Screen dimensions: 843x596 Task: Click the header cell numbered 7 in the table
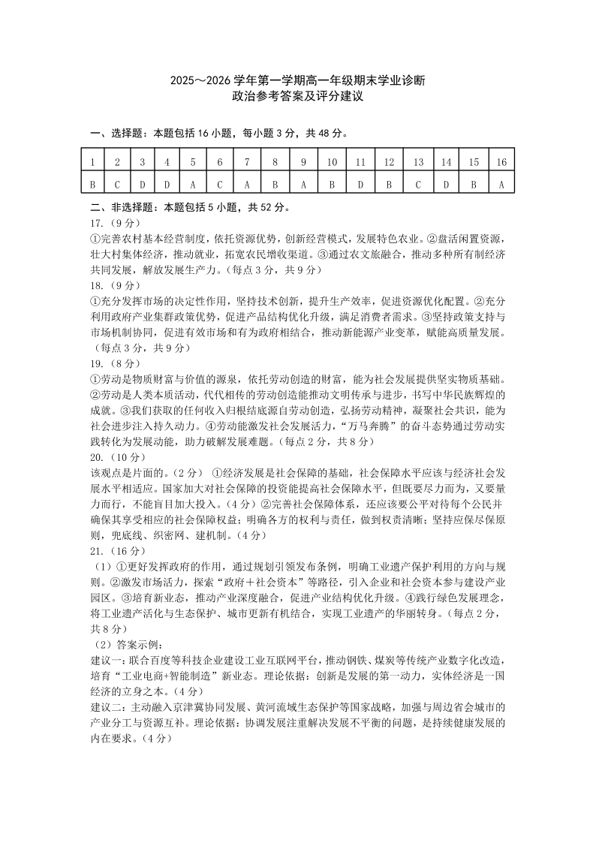[246, 162]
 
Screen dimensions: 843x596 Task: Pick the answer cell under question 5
[193, 182]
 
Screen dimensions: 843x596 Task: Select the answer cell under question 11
[360, 182]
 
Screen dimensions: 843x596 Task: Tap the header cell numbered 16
[501, 162]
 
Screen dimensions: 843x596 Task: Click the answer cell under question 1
[92, 182]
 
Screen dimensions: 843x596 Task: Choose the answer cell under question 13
[418, 182]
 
